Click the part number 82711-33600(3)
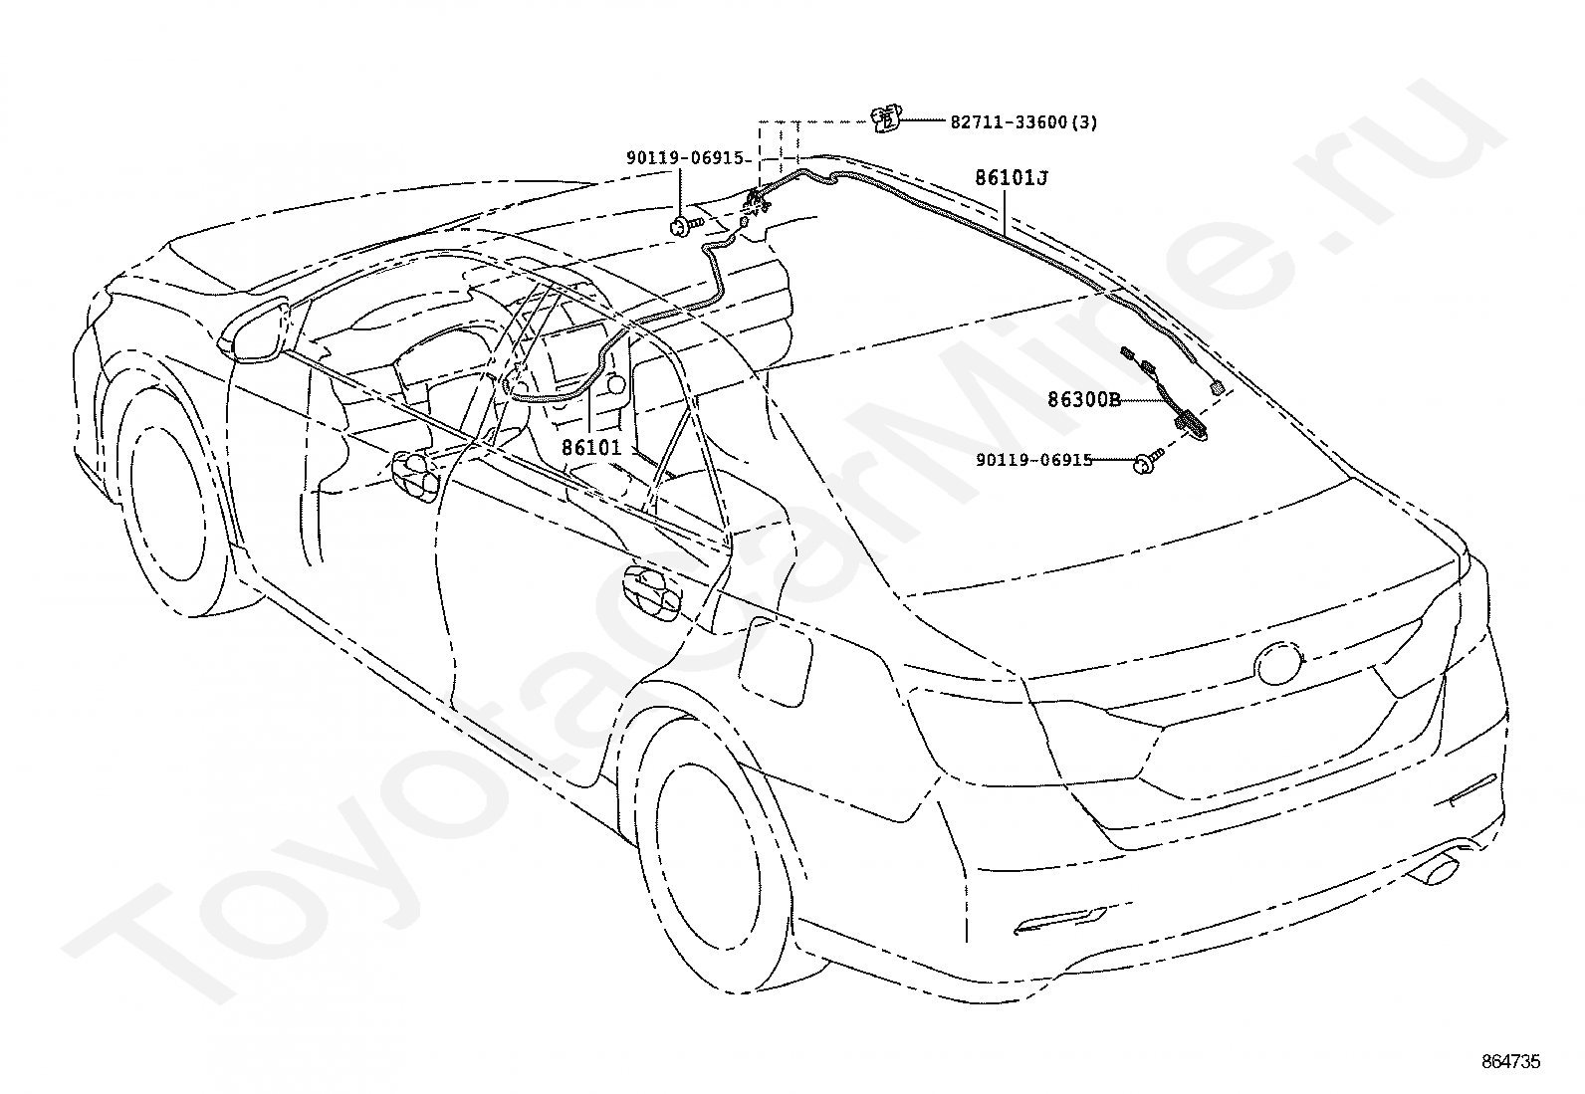(1023, 122)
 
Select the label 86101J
(1012, 178)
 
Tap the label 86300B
(1083, 400)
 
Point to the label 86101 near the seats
(591, 448)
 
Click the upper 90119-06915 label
(686, 158)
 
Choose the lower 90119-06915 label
(1033, 460)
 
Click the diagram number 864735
(1510, 1062)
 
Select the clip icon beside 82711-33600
(885, 119)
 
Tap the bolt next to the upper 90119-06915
(685, 225)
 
